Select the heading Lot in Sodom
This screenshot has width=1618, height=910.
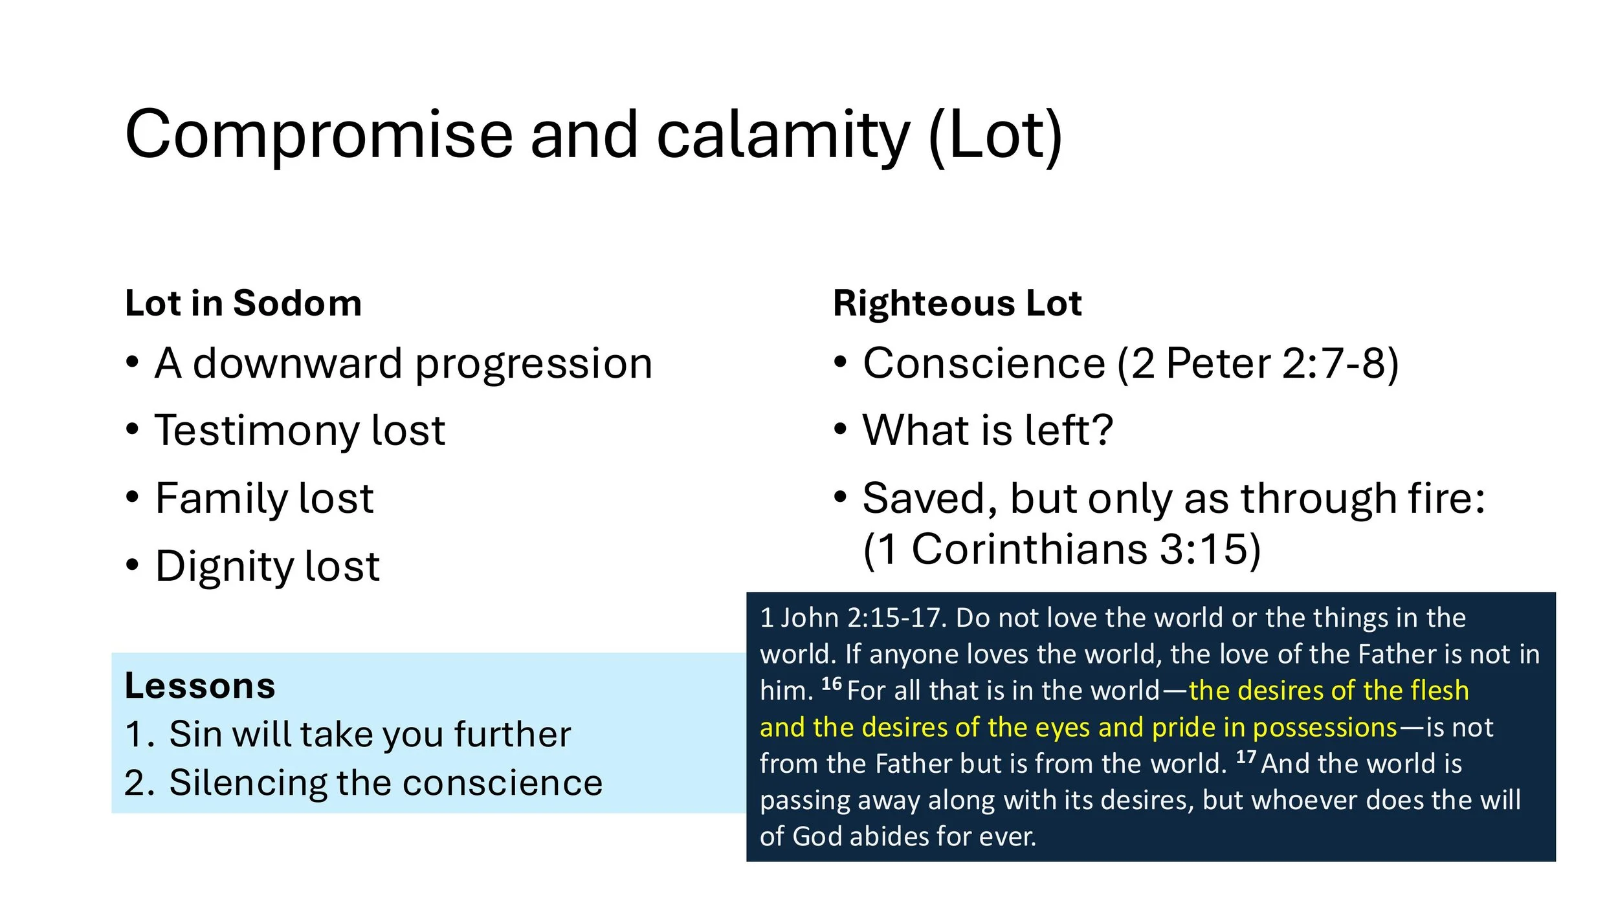[x=243, y=303]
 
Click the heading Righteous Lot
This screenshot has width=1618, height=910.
[x=957, y=303]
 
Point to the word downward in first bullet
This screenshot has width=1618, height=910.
[x=298, y=363]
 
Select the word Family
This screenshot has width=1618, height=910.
[x=220, y=499]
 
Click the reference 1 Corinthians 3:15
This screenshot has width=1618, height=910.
[x=1061, y=549]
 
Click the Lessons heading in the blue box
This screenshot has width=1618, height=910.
[x=200, y=686]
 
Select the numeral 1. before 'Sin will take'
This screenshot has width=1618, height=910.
[x=139, y=735]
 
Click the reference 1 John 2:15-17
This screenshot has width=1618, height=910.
[x=852, y=618]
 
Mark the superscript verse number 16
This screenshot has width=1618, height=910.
[x=831, y=684]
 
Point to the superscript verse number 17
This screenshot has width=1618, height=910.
[x=1246, y=757]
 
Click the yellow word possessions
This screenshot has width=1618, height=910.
[x=1325, y=728]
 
